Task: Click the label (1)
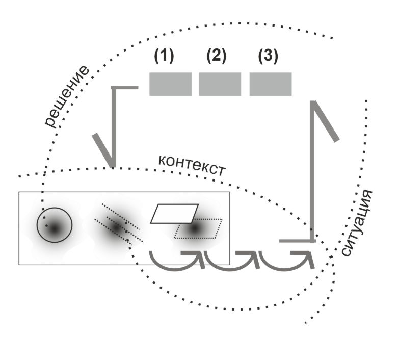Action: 164,57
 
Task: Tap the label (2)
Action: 216,57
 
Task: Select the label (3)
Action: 268,57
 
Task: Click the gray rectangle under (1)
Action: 170,84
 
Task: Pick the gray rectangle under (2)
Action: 220,84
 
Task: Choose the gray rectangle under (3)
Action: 270,84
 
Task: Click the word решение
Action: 67,97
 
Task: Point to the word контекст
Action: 192,164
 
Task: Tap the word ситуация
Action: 356,222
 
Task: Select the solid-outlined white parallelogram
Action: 174,214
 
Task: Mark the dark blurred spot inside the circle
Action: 54,229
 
